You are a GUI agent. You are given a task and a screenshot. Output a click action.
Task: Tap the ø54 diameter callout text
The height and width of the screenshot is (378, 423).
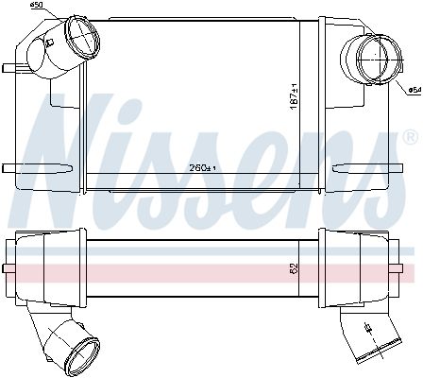point(415,90)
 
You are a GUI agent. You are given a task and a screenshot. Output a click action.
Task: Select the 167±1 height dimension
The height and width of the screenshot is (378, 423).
point(295,96)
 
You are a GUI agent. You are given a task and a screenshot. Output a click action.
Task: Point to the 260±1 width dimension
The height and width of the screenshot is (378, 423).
point(202,168)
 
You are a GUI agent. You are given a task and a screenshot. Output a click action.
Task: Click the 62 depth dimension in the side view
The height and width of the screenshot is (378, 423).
point(294,268)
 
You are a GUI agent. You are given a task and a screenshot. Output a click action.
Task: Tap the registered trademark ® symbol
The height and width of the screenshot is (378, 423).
point(412,138)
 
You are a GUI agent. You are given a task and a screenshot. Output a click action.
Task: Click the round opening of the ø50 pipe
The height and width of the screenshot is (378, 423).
point(82,37)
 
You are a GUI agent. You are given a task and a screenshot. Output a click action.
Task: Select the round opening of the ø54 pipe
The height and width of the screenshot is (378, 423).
point(381,59)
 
